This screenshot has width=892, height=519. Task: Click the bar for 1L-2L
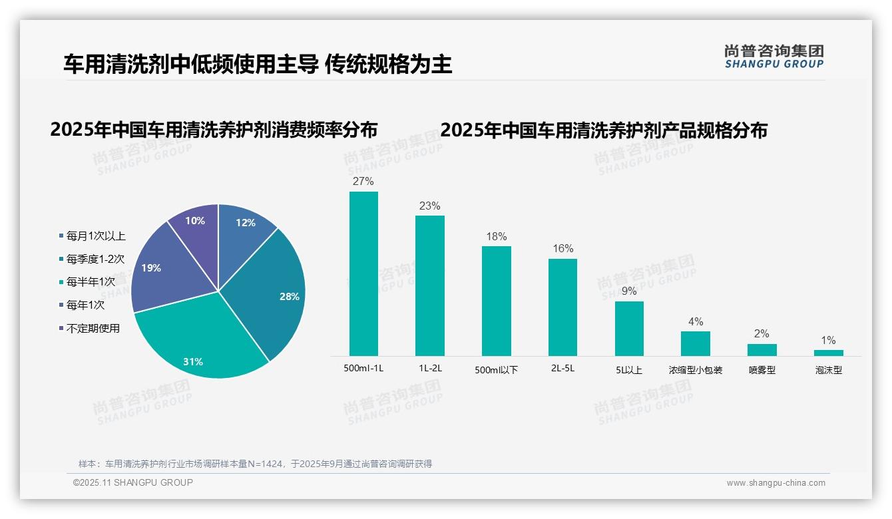tap(430, 285)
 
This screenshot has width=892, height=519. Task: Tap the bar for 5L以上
tap(629, 329)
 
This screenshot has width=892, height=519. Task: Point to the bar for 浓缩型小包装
tap(696, 343)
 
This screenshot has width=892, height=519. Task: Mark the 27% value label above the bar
tap(363, 181)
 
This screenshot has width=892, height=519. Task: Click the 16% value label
tap(562, 248)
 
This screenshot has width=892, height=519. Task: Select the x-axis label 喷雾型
tap(762, 370)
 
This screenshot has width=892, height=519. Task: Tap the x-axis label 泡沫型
tap(828, 370)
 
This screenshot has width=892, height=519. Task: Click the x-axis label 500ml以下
tap(496, 370)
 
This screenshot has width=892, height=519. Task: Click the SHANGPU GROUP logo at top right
tap(774, 56)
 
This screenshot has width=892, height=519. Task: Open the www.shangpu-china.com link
tap(776, 483)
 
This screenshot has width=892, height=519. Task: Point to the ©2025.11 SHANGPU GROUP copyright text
tap(133, 482)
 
